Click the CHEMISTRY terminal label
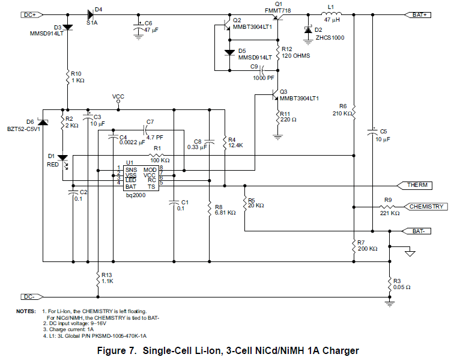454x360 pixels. point(427,207)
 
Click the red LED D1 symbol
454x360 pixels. point(62,158)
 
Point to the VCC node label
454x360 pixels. point(118,96)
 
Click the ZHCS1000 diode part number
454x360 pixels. point(328,37)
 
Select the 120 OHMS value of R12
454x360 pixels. point(295,56)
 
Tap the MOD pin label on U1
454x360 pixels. point(150,170)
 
